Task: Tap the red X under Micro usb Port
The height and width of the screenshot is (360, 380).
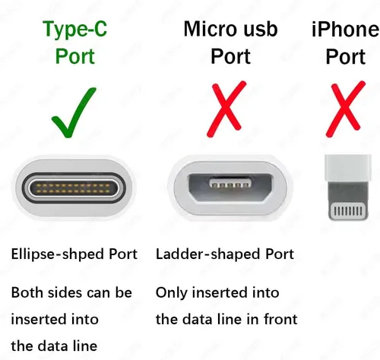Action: (226, 109)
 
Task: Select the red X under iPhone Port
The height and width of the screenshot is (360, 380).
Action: (345, 109)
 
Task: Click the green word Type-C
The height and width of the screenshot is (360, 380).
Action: (75, 30)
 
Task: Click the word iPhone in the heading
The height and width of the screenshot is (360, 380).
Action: (346, 30)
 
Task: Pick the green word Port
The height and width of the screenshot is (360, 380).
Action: (75, 56)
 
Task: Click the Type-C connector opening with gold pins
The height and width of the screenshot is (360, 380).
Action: (74, 188)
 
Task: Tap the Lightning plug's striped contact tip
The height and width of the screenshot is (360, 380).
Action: (348, 210)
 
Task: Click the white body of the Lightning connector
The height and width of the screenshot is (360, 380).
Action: (348, 168)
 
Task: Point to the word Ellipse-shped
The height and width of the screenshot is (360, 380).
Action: (56, 254)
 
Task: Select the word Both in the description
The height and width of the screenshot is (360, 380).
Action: (27, 292)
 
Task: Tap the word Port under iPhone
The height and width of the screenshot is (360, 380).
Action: (346, 57)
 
